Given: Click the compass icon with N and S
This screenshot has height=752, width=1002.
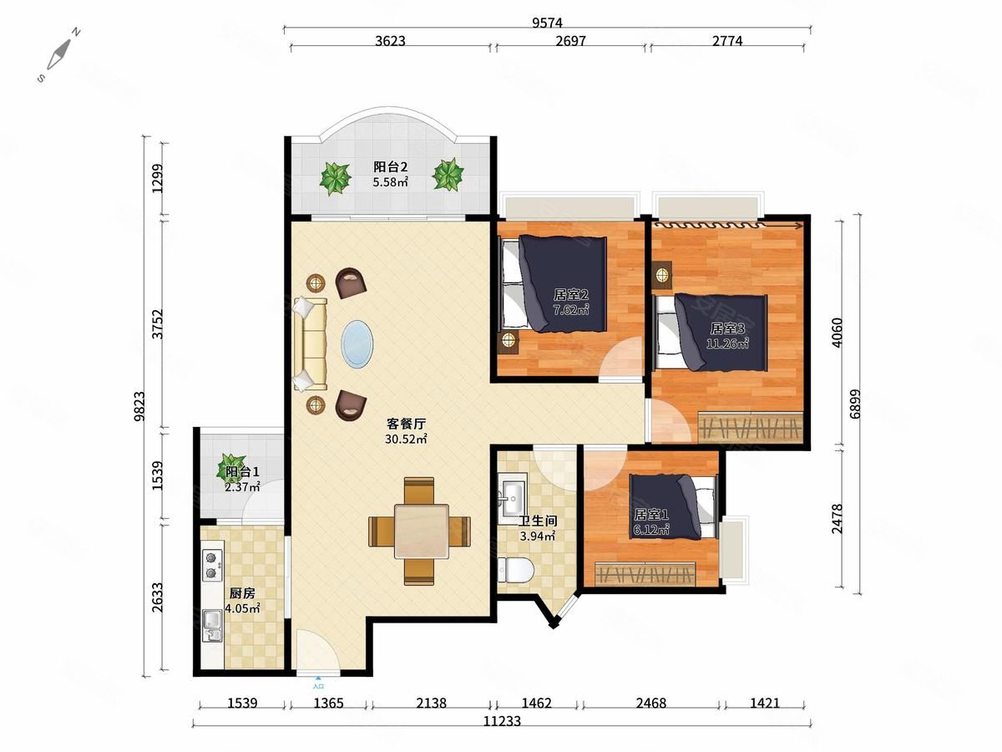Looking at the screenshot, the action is (59, 55).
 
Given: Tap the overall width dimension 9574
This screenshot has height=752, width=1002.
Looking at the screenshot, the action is (547, 23).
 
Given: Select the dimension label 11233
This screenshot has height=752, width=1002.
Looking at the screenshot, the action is (502, 721).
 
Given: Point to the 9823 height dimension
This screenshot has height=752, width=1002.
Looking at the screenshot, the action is (139, 406).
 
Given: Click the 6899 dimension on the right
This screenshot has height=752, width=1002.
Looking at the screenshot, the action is (855, 404).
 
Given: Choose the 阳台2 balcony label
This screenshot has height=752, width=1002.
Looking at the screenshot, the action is (390, 166).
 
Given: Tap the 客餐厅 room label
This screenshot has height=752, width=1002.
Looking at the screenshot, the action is (406, 424).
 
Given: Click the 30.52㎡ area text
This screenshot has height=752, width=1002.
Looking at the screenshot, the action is (406, 440).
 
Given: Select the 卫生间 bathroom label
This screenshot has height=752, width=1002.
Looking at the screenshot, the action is (538, 521).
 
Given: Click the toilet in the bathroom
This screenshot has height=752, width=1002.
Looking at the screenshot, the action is (516, 570).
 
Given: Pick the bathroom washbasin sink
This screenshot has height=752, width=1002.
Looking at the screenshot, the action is (513, 497).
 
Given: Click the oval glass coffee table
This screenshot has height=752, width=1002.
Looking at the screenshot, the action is (357, 343).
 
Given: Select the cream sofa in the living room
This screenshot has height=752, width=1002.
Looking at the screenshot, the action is (310, 344).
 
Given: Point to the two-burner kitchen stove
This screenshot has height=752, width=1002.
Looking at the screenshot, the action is (212, 565).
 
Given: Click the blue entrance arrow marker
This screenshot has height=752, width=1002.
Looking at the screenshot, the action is (318, 679).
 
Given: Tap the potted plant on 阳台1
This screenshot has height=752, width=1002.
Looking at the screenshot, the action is (232, 465).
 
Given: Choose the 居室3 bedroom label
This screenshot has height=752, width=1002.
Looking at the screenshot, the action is (727, 328).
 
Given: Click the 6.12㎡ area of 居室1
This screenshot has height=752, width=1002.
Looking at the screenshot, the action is (651, 530).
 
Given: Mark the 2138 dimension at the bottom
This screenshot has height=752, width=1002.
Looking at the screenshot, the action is (431, 703).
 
